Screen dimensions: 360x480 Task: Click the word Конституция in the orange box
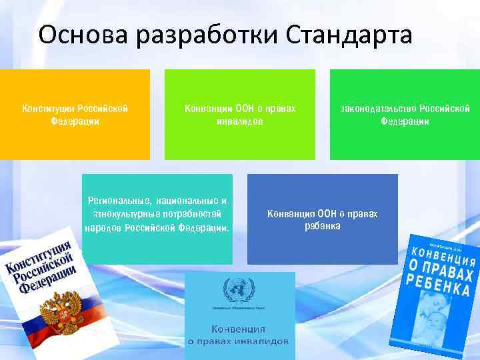(x=48, y=108)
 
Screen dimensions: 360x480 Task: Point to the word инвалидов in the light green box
(x=239, y=121)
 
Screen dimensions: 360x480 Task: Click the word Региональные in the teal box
(x=119, y=201)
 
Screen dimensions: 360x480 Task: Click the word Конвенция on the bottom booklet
(x=238, y=329)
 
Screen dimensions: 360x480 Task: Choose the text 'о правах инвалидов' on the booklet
(x=238, y=341)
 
